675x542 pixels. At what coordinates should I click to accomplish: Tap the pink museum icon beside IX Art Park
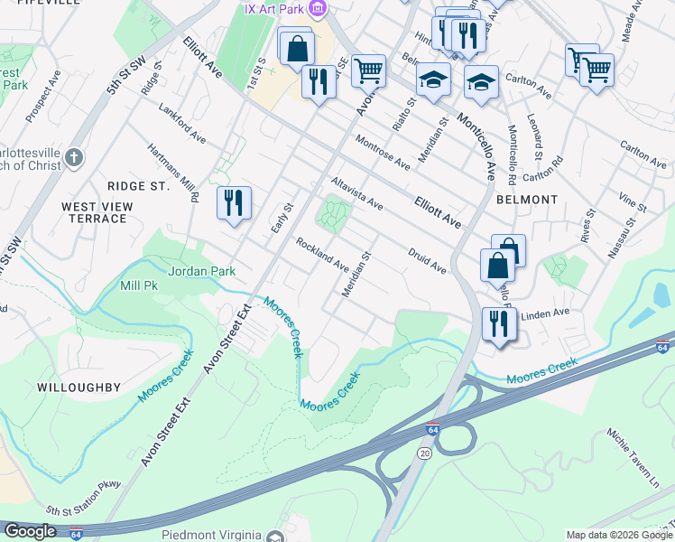(316, 9)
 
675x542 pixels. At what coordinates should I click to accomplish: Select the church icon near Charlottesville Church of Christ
(74, 159)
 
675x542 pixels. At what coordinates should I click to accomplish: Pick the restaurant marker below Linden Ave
(499, 323)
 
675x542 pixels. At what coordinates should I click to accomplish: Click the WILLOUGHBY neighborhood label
(79, 387)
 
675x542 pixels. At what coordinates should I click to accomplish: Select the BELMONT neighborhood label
(525, 199)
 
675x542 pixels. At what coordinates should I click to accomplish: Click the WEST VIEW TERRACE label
(95, 212)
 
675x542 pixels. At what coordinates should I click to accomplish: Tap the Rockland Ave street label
(322, 254)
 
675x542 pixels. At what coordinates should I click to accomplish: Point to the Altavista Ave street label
(357, 193)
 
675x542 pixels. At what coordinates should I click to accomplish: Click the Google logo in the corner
(29, 531)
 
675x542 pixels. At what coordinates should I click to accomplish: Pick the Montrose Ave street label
(383, 153)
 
